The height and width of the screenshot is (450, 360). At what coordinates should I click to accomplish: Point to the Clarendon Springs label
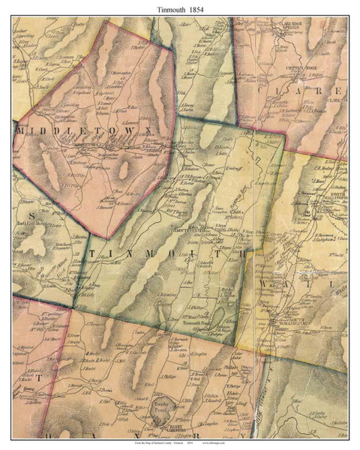[298, 26]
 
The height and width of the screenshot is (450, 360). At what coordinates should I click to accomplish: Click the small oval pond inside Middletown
[123, 169]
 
